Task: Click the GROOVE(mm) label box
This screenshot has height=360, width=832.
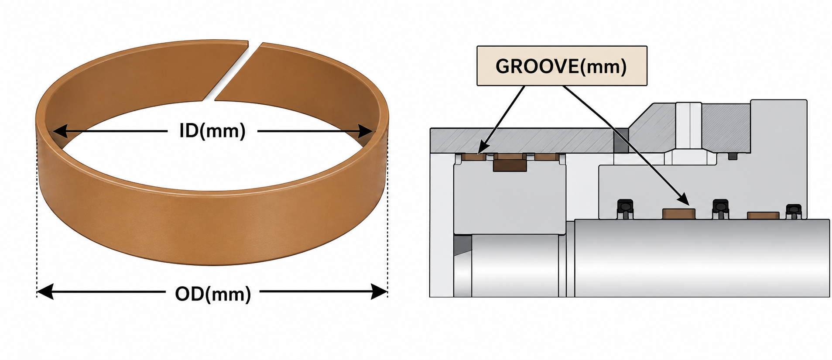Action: [562, 66]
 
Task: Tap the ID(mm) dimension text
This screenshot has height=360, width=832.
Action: [212, 130]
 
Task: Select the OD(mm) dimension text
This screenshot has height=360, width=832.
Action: [213, 294]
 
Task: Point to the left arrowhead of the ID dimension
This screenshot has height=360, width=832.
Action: [60, 131]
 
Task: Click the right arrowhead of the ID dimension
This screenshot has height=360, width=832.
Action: [366, 131]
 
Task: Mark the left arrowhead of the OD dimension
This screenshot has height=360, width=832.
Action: [45, 291]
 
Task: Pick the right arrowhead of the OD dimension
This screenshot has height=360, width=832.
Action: [379, 291]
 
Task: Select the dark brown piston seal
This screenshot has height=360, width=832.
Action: [510, 165]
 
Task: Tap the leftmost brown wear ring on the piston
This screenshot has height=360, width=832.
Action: [474, 157]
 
